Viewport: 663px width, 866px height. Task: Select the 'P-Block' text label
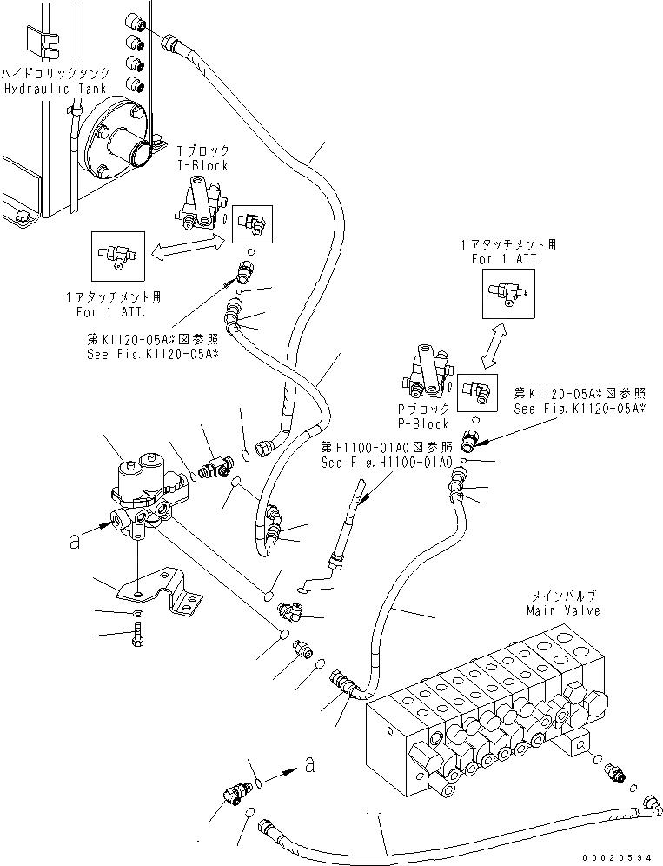pos(422,423)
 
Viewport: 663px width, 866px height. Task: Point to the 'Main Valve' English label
pos(562,610)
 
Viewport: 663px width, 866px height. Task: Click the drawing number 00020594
pos(618,856)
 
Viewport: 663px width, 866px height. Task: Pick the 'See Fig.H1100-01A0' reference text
pos(387,462)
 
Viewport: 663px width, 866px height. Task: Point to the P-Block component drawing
pos(426,375)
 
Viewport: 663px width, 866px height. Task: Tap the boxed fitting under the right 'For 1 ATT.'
pos(507,292)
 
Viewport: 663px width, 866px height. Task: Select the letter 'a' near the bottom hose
pos(308,764)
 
